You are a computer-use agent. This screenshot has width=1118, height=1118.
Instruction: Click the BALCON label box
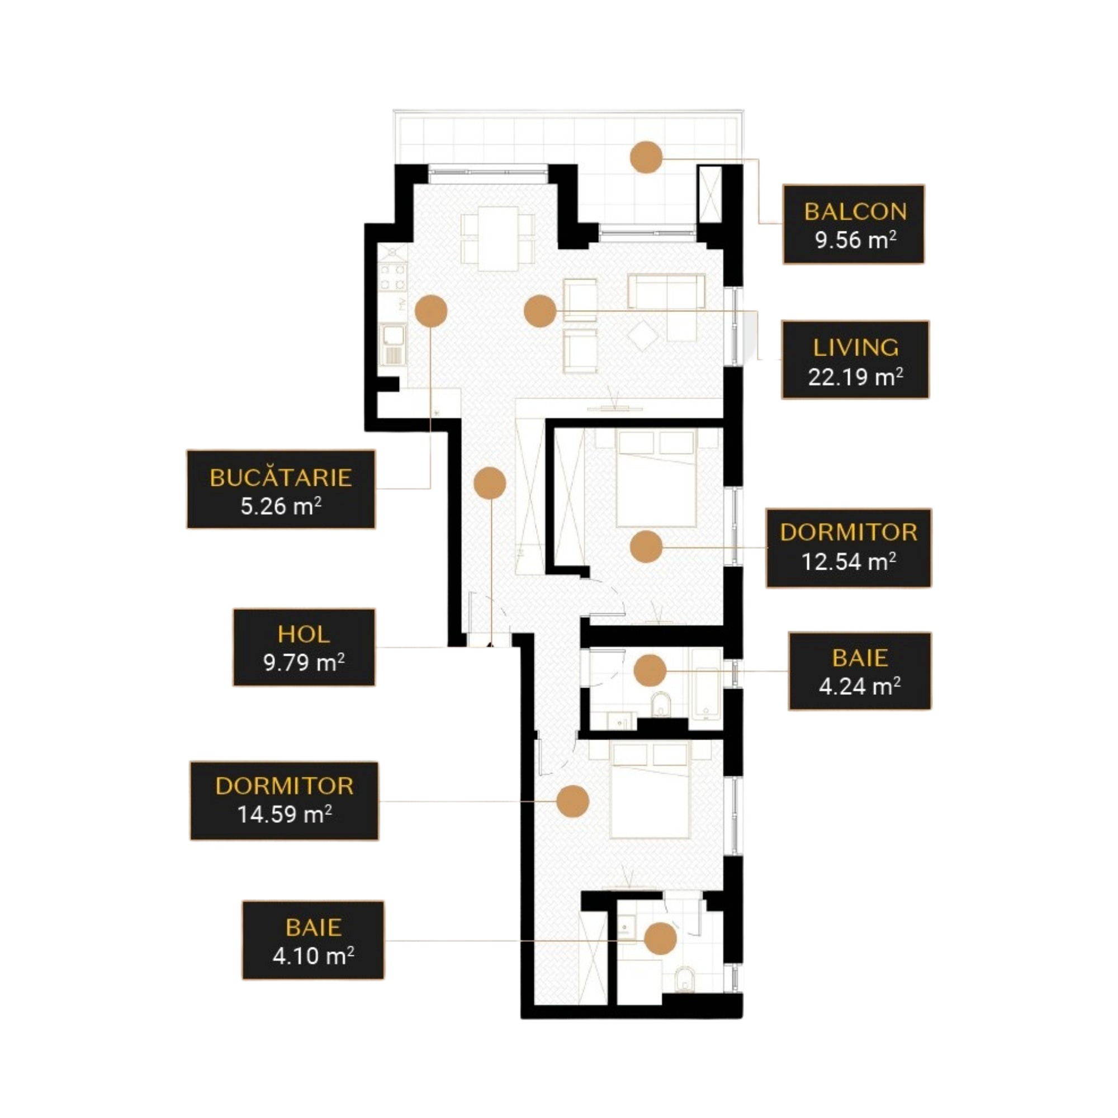pyautogui.click(x=854, y=225)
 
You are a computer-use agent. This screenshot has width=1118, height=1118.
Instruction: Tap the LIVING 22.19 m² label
pyautogui.click(x=855, y=360)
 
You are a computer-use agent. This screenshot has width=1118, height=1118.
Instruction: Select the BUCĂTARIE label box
pyautogui.click(x=281, y=490)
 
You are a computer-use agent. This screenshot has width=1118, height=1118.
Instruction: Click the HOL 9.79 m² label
pyautogui.click(x=304, y=647)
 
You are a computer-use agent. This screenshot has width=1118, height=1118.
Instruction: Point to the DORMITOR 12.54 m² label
pyautogui.click(x=849, y=548)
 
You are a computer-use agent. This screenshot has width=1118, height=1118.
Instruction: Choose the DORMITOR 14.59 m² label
pyautogui.click(x=284, y=801)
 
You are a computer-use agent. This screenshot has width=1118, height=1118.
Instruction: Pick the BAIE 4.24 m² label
pyautogui.click(x=860, y=671)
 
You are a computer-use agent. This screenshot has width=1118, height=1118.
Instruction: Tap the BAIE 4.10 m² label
pyautogui.click(x=313, y=940)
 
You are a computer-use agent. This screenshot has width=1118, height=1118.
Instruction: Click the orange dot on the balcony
pyautogui.click(x=646, y=157)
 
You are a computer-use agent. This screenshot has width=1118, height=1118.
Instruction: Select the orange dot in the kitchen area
pyautogui.click(x=431, y=311)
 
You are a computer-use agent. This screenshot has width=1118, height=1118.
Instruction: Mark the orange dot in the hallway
pyautogui.click(x=490, y=483)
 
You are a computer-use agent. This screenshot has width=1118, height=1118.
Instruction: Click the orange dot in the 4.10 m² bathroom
pyautogui.click(x=660, y=939)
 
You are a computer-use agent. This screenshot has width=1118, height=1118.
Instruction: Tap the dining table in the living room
pyautogui.click(x=498, y=239)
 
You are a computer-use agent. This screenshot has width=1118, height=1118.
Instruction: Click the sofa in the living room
pyautogui.click(x=667, y=291)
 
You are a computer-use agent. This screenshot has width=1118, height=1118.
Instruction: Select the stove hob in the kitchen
pyautogui.click(x=393, y=277)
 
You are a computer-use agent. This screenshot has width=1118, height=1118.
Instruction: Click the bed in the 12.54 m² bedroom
pyautogui.click(x=656, y=478)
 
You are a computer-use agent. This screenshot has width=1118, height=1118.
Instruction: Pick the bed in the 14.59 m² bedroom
pyautogui.click(x=651, y=791)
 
